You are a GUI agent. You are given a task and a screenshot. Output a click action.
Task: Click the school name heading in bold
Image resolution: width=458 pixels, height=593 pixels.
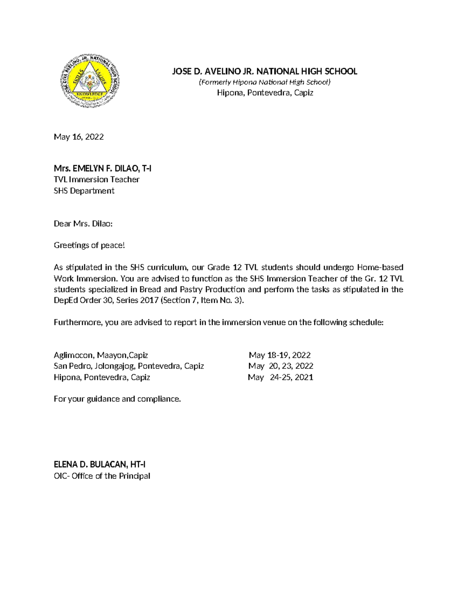[x=264, y=71]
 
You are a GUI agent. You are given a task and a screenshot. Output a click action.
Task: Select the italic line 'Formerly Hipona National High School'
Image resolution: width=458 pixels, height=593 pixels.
[x=264, y=82]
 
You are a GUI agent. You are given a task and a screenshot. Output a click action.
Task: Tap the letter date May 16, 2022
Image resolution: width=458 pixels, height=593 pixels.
[x=79, y=137]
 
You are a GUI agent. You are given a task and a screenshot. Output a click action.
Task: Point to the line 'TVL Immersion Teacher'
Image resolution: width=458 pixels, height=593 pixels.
[x=97, y=179]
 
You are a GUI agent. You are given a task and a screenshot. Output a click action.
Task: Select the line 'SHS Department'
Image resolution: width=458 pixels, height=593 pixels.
[x=84, y=191]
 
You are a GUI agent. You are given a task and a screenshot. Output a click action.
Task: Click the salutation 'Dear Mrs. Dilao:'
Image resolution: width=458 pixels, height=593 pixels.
[x=83, y=224]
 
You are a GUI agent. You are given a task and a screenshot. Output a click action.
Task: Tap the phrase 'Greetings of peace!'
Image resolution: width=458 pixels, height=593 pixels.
[x=89, y=245]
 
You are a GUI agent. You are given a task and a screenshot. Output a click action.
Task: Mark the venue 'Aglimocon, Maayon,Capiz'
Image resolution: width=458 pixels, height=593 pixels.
[x=101, y=355]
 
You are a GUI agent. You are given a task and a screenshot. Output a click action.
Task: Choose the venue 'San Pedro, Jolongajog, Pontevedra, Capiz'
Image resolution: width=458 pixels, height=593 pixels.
[x=129, y=366]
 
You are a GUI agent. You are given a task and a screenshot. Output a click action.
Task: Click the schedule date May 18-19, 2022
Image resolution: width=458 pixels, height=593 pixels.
[x=280, y=355]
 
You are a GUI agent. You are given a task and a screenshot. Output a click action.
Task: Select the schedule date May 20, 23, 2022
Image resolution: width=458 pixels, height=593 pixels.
[x=281, y=366]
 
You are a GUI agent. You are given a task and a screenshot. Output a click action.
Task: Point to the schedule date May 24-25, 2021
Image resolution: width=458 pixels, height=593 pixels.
[x=281, y=377]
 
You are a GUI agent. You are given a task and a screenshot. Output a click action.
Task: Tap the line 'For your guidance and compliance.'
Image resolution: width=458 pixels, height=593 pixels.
[x=117, y=399]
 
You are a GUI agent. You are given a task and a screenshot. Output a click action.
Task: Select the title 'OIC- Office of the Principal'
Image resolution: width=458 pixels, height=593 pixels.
[x=102, y=476]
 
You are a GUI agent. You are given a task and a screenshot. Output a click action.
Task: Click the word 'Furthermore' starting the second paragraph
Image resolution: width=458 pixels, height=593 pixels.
[x=78, y=322]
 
